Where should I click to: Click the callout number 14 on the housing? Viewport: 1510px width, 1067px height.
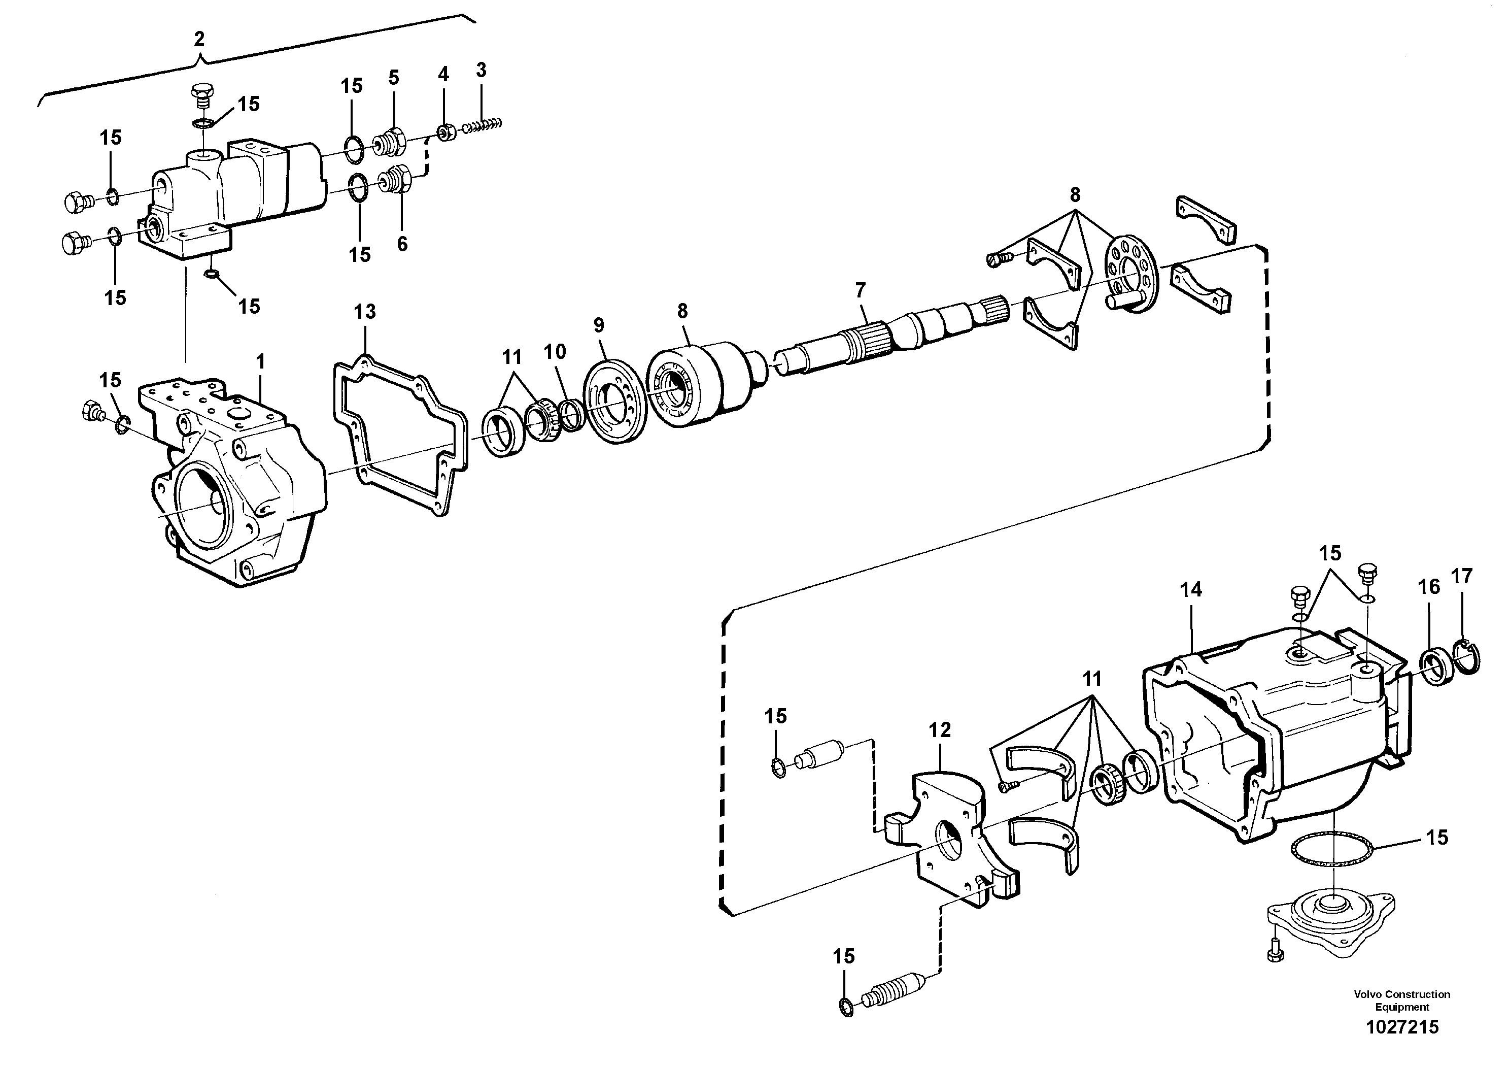pos(1190,589)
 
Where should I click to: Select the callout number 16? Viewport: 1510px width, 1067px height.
pos(1428,586)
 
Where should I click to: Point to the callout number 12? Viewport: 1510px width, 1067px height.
pos(940,729)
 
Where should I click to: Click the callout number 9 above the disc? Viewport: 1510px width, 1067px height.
pos(599,325)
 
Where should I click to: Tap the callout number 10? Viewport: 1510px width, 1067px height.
pos(555,352)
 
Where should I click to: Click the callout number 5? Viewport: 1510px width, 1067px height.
pos(393,78)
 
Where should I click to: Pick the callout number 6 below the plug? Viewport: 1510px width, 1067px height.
pos(402,244)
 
